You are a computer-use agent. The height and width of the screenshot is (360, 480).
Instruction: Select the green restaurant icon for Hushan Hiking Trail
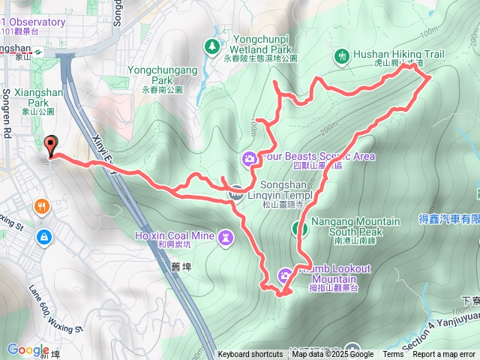tap(341, 55)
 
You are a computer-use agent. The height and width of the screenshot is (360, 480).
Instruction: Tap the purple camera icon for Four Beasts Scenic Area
tap(250, 157)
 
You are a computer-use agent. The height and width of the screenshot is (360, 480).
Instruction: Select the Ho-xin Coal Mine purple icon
tap(226, 238)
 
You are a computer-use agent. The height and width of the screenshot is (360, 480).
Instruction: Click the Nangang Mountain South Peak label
tap(355, 226)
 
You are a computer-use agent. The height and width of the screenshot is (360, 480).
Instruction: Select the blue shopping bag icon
tap(44, 236)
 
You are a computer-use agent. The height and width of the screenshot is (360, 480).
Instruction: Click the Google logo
tap(28, 350)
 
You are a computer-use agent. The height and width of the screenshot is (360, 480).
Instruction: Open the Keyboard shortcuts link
tap(250, 355)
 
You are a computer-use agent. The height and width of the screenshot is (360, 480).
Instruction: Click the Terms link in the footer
tap(392, 355)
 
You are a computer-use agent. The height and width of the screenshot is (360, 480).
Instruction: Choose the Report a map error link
tap(445, 355)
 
